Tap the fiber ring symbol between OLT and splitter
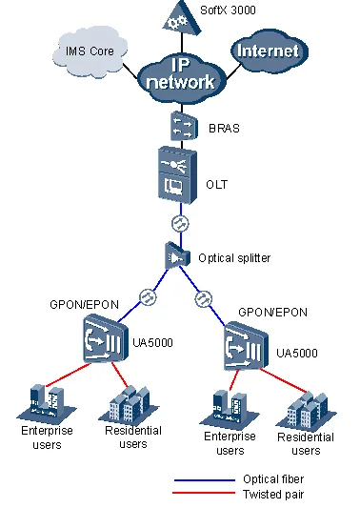pyautogui.click(x=178, y=224)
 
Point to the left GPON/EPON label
pyautogui.click(x=84, y=304)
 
